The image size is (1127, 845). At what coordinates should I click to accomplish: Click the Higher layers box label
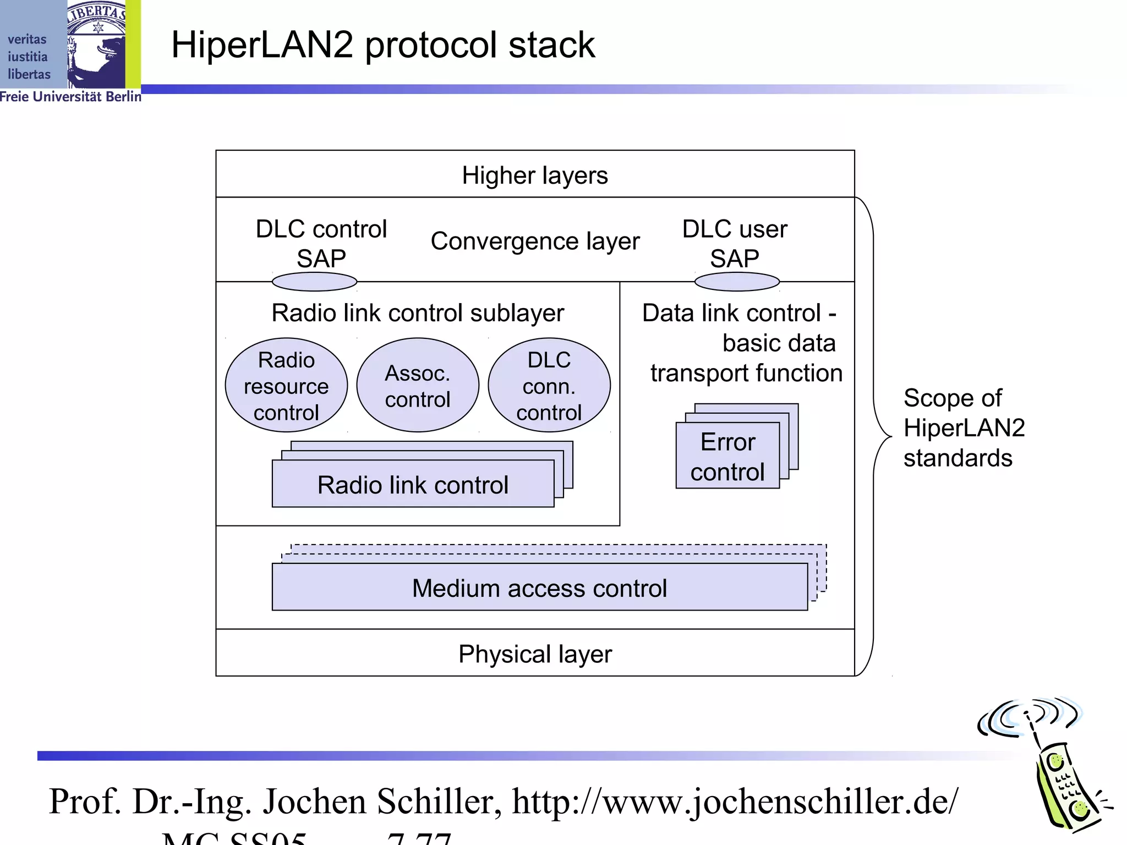(x=534, y=175)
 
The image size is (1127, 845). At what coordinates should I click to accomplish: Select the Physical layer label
(x=534, y=654)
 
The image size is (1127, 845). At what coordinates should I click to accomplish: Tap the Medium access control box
(x=539, y=588)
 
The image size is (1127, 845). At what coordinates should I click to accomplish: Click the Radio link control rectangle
(x=413, y=485)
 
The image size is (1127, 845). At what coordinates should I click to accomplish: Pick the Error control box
(x=727, y=457)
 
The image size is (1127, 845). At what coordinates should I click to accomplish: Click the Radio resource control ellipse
(x=286, y=386)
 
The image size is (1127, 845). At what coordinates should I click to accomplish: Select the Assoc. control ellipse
(x=417, y=386)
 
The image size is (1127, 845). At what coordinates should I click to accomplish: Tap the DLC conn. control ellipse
(x=549, y=386)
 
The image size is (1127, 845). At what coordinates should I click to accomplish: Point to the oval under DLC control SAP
(x=314, y=282)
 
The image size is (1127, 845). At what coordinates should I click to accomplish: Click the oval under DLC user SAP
(x=737, y=282)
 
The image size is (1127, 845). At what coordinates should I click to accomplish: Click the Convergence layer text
(x=534, y=241)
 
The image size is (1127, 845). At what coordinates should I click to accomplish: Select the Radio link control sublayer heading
(x=417, y=313)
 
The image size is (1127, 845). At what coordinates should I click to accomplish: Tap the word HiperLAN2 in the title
(x=262, y=45)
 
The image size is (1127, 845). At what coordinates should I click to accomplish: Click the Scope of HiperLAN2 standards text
(x=963, y=428)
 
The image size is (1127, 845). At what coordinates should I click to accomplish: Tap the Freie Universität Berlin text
(x=70, y=97)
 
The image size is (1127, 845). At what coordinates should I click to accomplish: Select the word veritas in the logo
(x=27, y=40)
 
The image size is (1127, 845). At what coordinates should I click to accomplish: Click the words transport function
(x=746, y=373)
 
